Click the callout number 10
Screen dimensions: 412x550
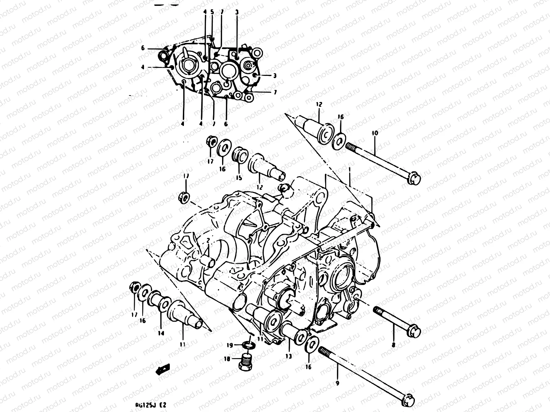(x=374, y=133)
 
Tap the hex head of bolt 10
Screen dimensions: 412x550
(x=414, y=179)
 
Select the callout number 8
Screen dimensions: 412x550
(x=394, y=344)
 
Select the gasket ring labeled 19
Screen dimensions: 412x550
(x=249, y=344)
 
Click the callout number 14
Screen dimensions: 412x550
(x=161, y=333)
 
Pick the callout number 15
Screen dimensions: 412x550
(x=239, y=178)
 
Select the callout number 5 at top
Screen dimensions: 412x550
(x=212, y=12)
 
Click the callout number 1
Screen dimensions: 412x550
(x=349, y=169)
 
